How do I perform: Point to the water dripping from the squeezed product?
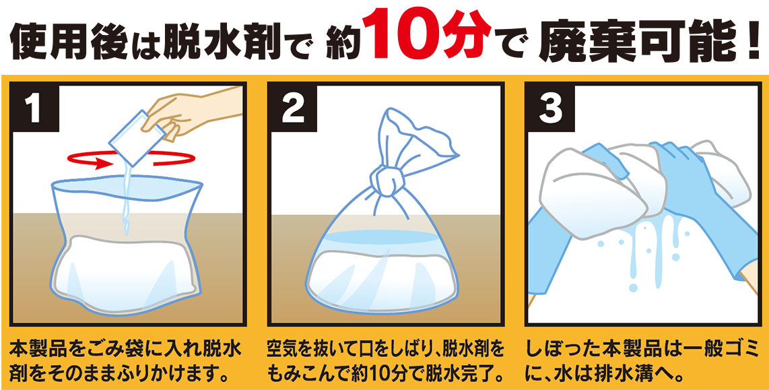click(646, 249)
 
